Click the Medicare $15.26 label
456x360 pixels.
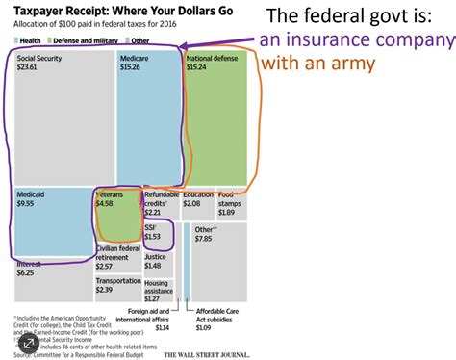click(x=137, y=64)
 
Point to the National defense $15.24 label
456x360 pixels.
click(x=212, y=64)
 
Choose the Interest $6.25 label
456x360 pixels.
click(x=31, y=268)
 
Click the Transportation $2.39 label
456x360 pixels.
click(x=118, y=285)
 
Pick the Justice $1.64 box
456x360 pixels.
click(x=159, y=262)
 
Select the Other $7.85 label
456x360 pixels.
click(x=205, y=234)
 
